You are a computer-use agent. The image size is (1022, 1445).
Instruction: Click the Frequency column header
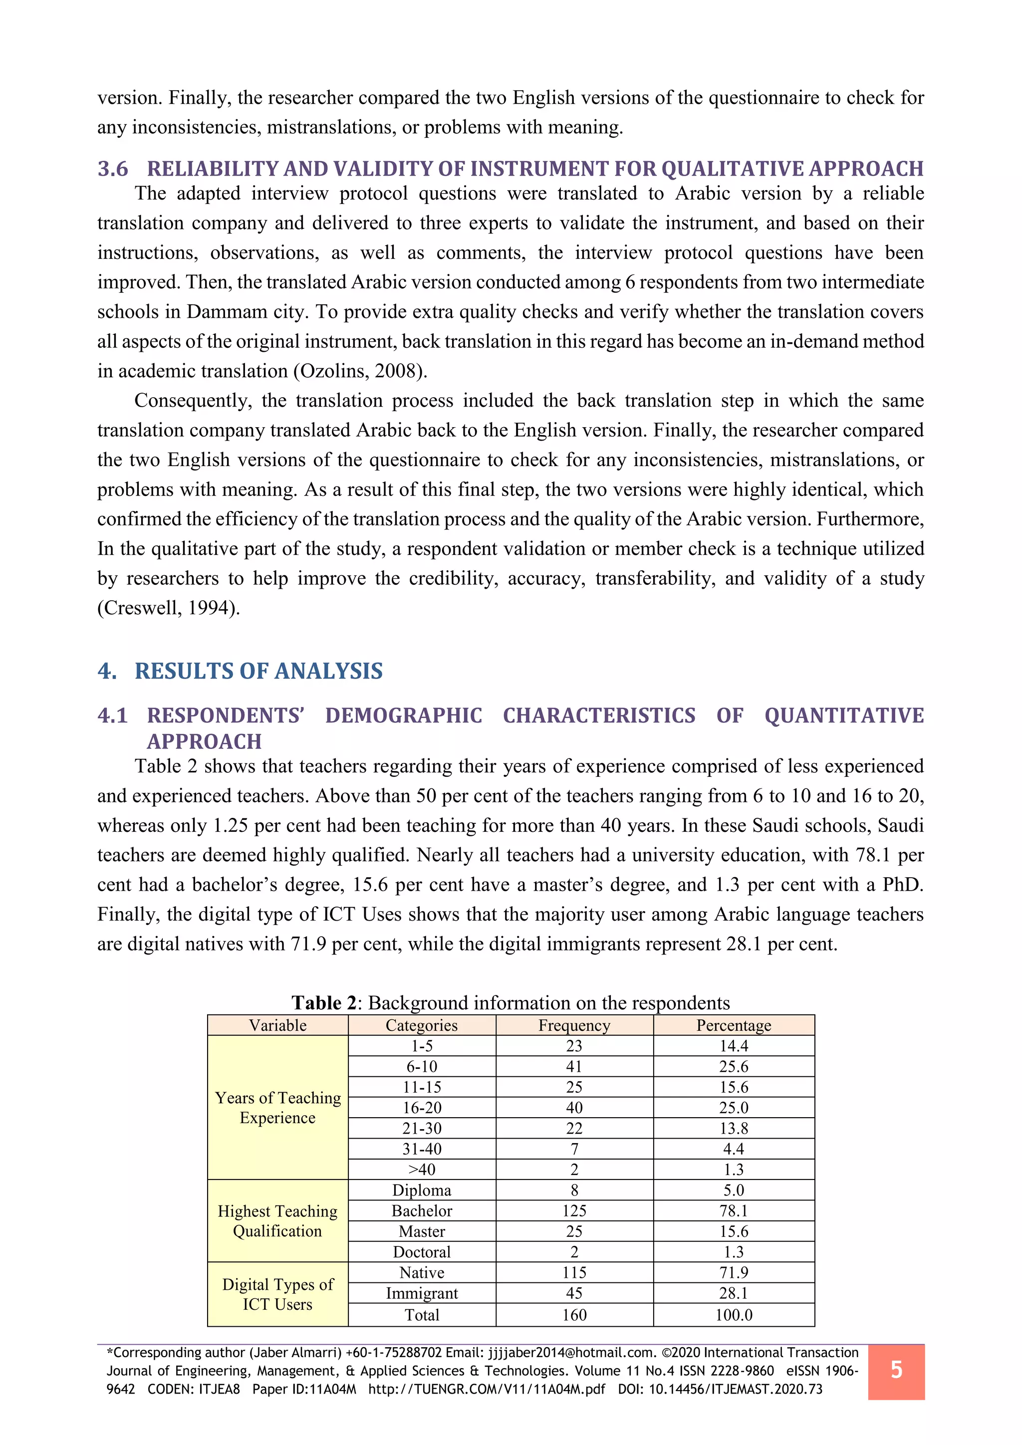click(574, 1025)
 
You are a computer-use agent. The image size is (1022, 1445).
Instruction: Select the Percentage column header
click(733, 1025)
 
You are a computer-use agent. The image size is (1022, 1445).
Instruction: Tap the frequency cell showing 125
click(574, 1210)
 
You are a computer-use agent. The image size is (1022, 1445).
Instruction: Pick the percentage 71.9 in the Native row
click(733, 1272)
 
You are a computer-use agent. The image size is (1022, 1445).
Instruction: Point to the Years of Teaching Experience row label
click(277, 1107)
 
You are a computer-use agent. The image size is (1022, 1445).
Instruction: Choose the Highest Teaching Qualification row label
click(277, 1220)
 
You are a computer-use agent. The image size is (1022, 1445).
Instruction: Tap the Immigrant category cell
click(422, 1293)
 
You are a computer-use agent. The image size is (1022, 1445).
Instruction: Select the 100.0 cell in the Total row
click(733, 1314)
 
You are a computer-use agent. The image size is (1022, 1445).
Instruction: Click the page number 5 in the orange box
click(896, 1370)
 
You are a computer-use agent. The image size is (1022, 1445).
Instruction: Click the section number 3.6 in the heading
click(113, 169)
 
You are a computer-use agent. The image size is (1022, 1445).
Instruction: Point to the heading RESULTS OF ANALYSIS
click(258, 671)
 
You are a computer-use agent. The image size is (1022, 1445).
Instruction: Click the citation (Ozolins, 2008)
click(360, 371)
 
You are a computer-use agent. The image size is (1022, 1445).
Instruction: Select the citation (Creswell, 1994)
click(168, 608)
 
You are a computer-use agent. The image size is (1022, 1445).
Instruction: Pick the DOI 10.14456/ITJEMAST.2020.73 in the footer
click(735, 1389)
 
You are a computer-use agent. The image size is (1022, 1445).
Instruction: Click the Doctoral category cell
click(422, 1251)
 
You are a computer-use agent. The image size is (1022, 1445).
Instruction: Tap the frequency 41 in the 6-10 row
click(574, 1066)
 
